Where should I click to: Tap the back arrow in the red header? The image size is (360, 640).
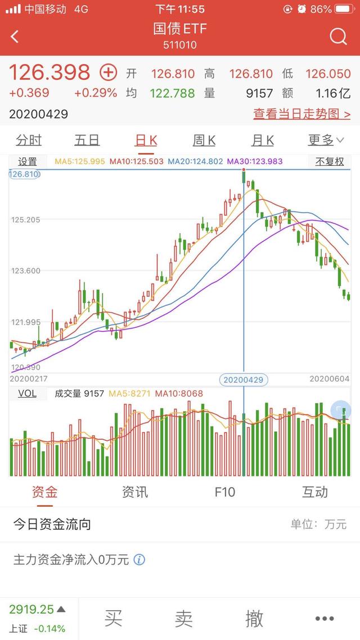[15, 37]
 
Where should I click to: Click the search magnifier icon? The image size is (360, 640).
[338, 37]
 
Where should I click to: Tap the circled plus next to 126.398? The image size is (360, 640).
[108, 72]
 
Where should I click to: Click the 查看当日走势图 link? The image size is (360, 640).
[301, 114]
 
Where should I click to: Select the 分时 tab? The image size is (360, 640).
[29, 140]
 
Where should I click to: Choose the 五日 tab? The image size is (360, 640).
[87, 140]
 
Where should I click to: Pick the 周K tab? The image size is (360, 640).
[204, 140]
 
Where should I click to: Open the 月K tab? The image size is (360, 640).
[263, 140]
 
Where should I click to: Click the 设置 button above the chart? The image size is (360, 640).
[28, 161]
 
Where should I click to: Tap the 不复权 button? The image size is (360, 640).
[329, 161]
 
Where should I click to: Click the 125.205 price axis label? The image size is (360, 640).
[25, 219]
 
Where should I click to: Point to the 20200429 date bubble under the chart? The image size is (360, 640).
[244, 380]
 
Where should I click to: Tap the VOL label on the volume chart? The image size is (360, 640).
[27, 393]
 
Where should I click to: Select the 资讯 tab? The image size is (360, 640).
[135, 492]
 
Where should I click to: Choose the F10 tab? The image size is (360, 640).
[224, 492]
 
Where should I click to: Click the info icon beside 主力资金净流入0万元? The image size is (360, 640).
[139, 560]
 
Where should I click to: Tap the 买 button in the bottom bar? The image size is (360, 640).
[113, 619]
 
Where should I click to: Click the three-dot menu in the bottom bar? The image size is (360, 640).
[325, 619]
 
